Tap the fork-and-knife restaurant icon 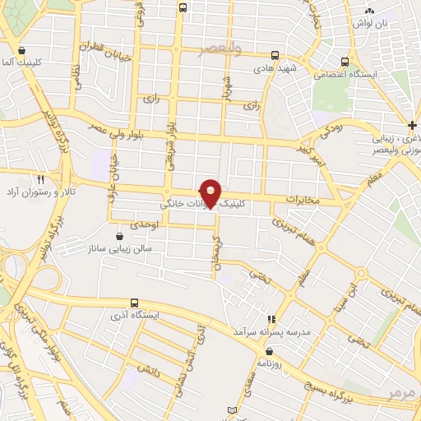[x=39, y=178]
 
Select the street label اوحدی [x=144, y=223]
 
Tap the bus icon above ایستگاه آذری [x=135, y=302]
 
